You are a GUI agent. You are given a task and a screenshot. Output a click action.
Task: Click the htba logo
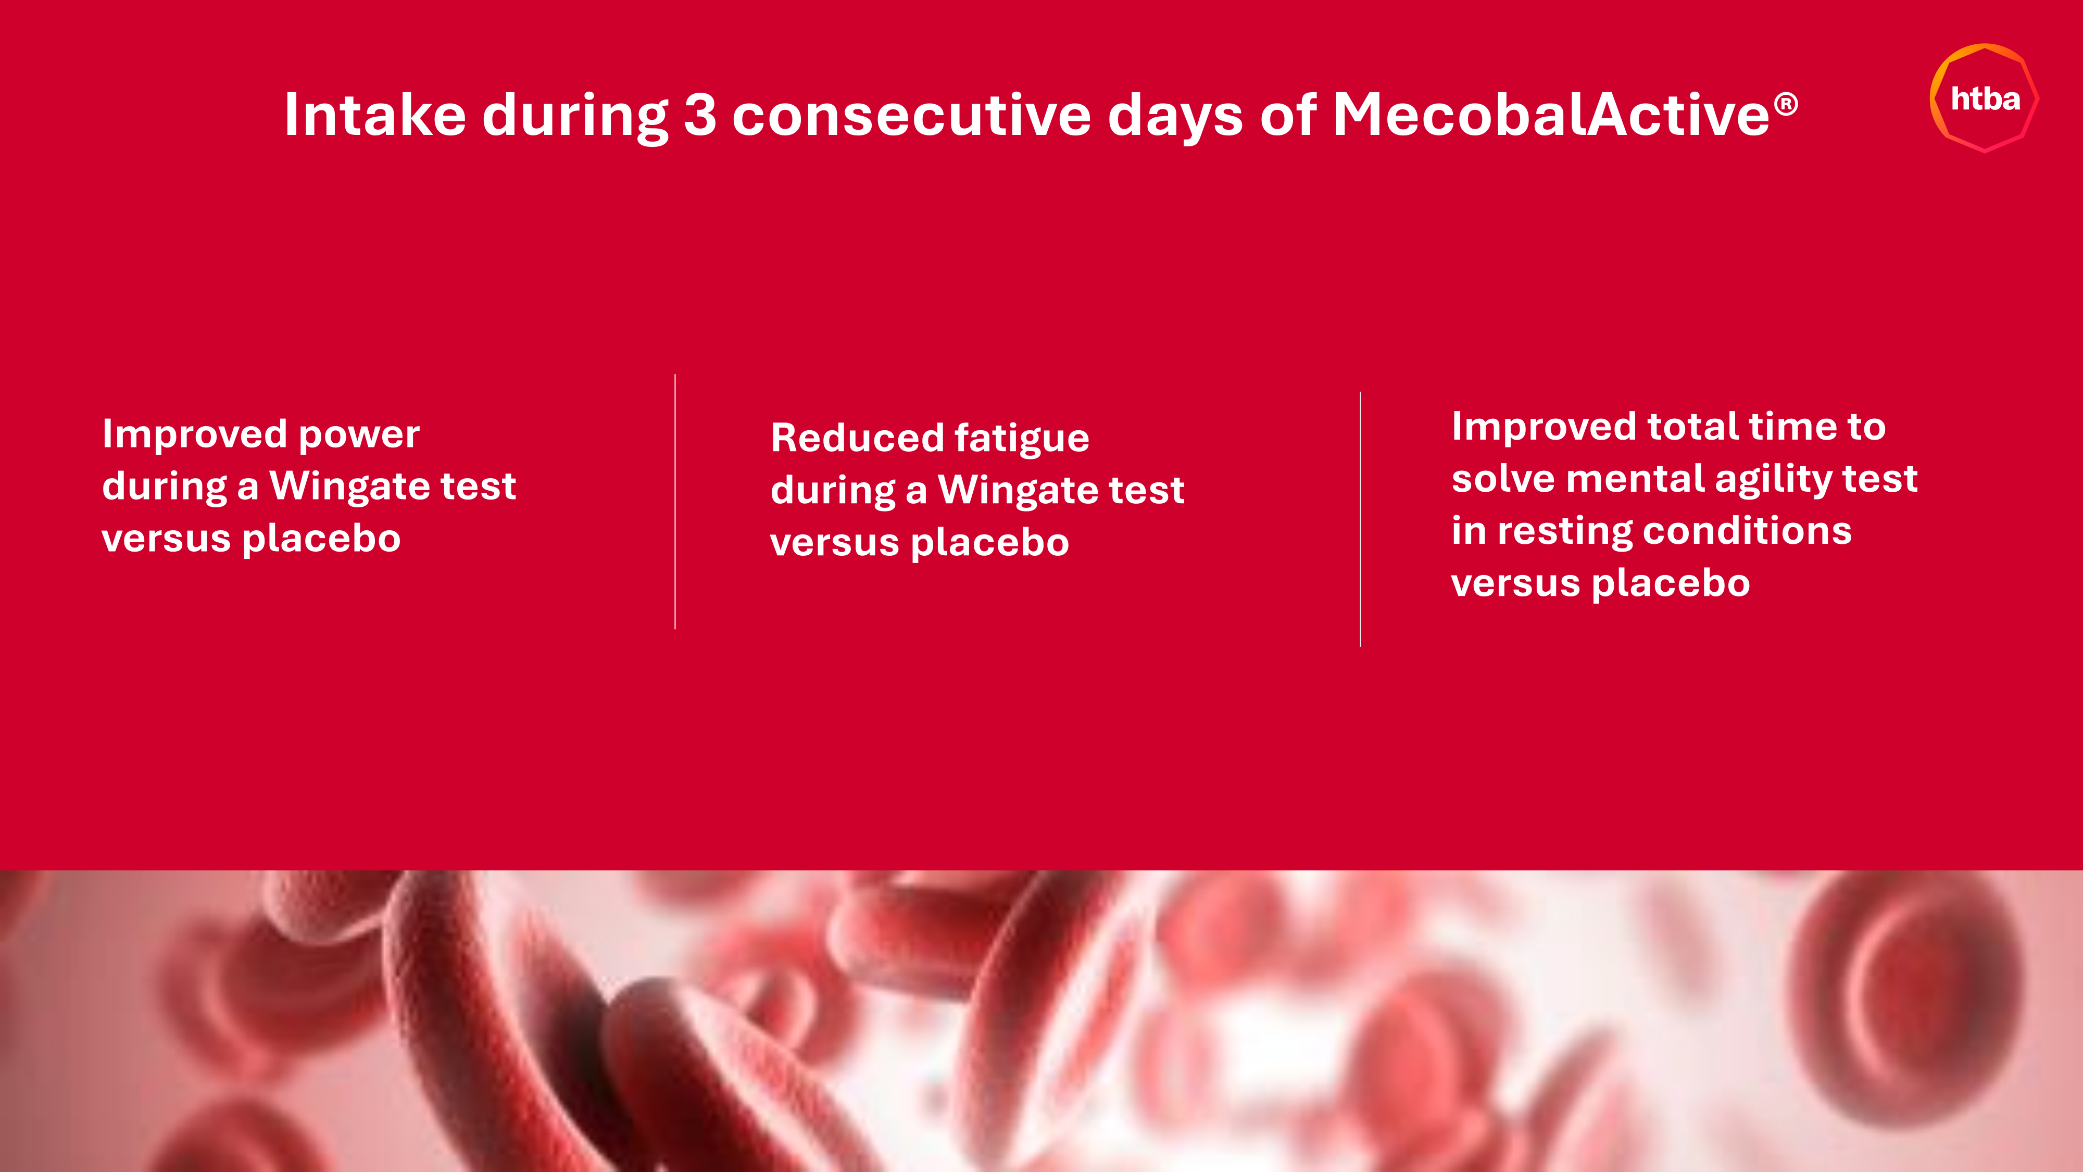click(1985, 98)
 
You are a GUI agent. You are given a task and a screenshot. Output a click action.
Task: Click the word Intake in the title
click(375, 114)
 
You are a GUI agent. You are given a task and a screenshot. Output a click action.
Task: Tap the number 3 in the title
click(700, 114)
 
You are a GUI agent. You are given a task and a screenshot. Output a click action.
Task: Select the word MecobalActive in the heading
click(1551, 114)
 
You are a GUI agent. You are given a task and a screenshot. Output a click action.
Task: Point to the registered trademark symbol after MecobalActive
click(1786, 104)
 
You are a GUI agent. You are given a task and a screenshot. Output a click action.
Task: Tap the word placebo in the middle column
click(990, 543)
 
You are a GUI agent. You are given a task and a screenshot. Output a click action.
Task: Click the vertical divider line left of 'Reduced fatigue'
click(675, 502)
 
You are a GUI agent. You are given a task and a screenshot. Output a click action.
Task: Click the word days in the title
click(1176, 117)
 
